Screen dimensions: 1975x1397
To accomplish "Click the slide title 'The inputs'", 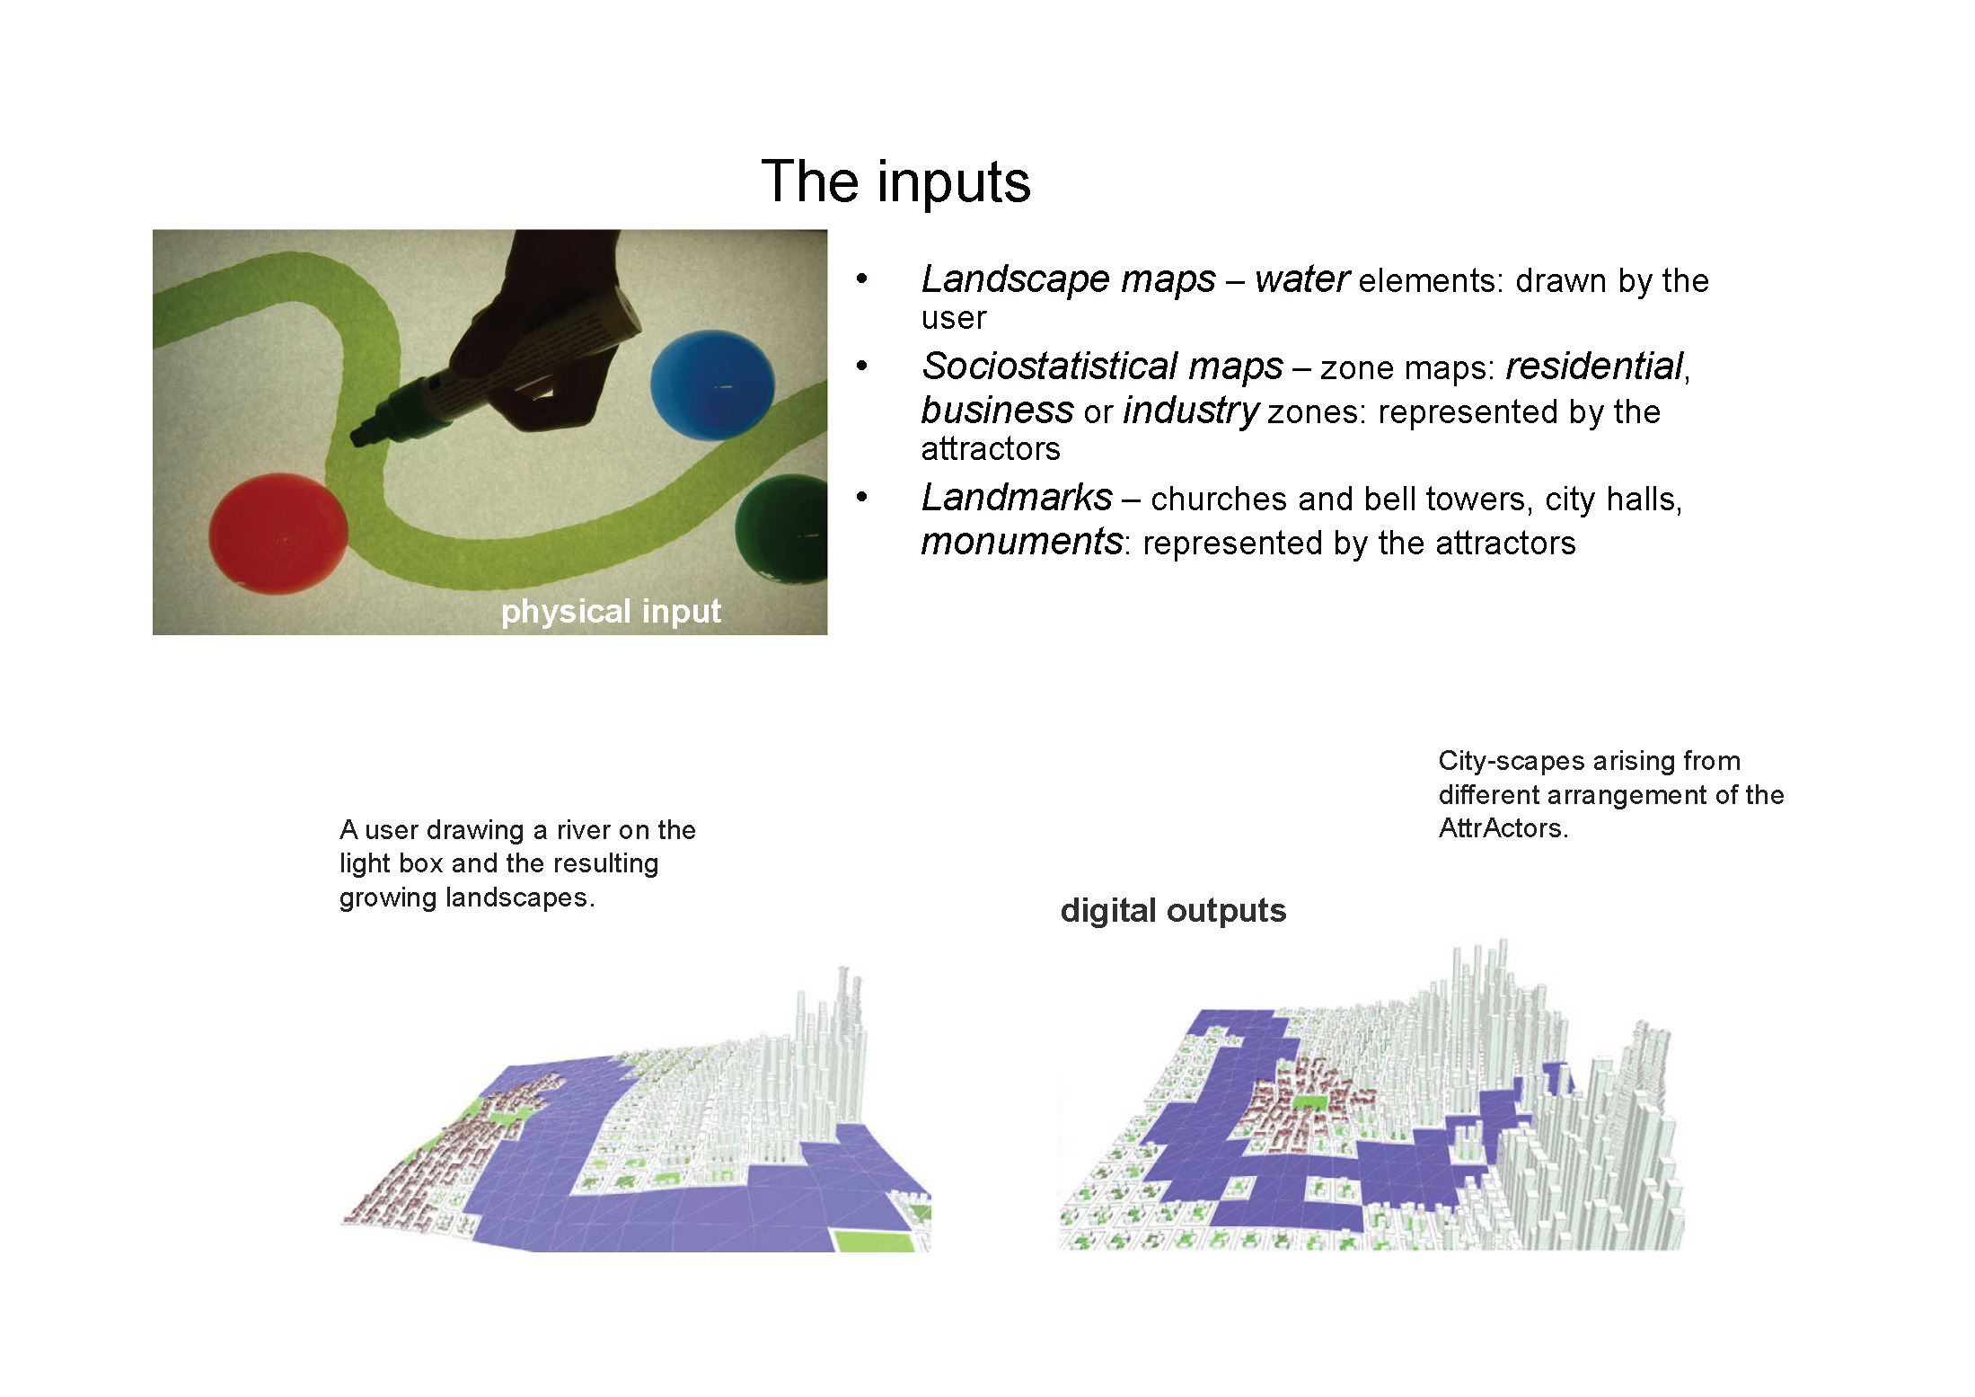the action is (895, 181).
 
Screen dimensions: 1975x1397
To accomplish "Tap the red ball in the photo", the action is (278, 533).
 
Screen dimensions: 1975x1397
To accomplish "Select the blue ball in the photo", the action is (712, 385).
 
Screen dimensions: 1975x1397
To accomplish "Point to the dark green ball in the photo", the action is (781, 528).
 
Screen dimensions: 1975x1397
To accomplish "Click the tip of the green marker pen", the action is (357, 438).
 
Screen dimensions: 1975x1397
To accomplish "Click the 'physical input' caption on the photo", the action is (611, 611).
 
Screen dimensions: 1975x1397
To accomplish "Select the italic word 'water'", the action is (1301, 279).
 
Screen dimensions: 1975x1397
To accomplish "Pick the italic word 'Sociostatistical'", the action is (1102, 366).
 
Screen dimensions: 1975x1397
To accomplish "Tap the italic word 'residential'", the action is (1594, 366).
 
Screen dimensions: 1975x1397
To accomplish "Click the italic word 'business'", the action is (997, 410).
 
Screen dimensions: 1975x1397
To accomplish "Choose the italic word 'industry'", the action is (1191, 411).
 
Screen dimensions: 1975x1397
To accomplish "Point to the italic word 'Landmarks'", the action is (1017, 497).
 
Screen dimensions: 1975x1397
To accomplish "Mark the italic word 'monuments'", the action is (1022, 542).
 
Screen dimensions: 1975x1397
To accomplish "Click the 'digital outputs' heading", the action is (1173, 911).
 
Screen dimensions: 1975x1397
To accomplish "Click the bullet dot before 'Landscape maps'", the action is (862, 279).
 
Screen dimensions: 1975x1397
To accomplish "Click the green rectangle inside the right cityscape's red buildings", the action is (1310, 1101).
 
